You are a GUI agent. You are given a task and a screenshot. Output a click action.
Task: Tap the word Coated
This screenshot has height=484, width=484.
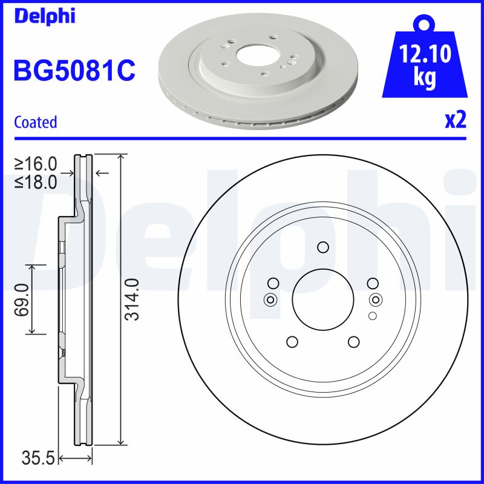[35, 122]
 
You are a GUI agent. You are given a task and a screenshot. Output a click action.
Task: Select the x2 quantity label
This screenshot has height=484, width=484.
[456, 121]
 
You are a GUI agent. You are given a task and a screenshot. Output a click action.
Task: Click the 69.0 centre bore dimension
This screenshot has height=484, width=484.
[22, 299]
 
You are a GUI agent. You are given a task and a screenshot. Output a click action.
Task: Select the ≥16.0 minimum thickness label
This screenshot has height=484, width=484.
[36, 164]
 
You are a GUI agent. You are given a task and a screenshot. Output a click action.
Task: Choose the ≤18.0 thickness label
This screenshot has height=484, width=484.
[36, 181]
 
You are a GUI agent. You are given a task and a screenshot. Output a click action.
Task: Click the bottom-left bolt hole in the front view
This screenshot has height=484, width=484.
[292, 342]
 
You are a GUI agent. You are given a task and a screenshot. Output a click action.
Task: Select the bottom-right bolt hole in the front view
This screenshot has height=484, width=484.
[353, 342]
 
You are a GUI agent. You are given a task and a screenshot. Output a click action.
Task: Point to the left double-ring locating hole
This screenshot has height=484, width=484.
[270, 299]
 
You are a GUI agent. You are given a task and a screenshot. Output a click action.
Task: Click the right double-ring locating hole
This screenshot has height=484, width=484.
[375, 299]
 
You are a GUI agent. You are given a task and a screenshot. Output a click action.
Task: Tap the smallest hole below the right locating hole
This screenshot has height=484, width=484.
[372, 316]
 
